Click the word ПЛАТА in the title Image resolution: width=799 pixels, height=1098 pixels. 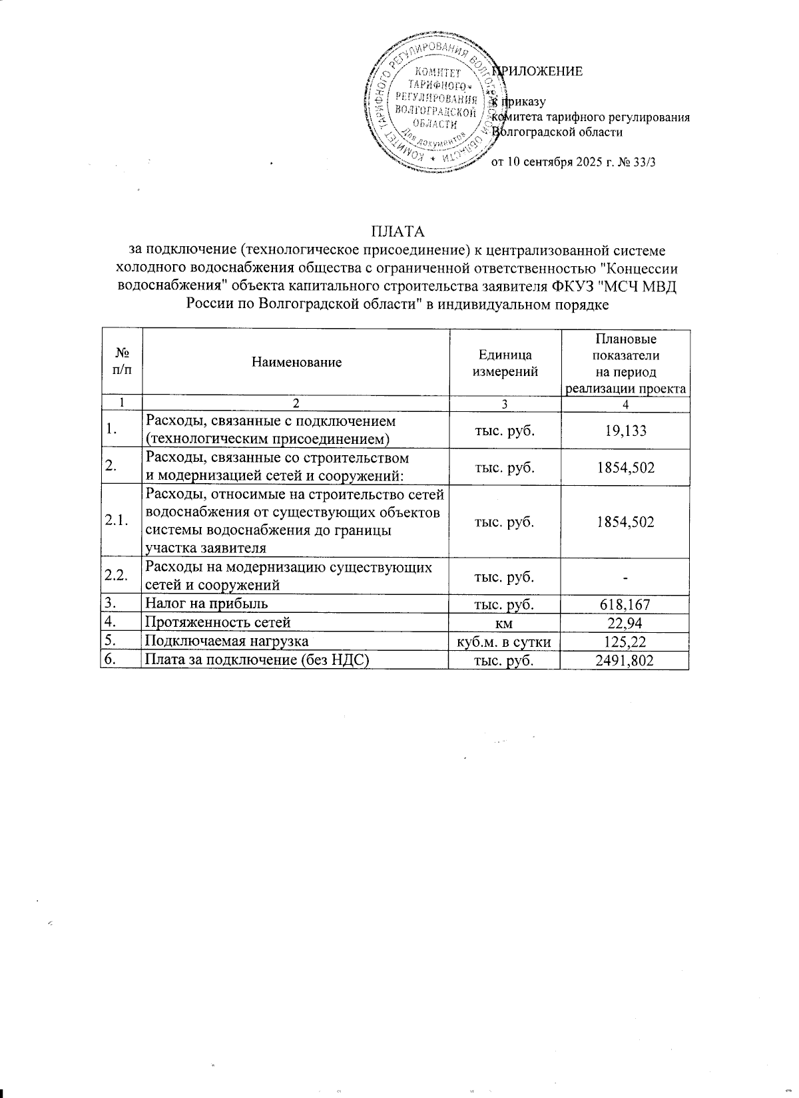click(398, 232)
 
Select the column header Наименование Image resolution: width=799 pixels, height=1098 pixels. click(296, 362)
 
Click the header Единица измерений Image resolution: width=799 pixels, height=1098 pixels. click(505, 363)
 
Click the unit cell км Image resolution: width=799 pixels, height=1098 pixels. click(504, 623)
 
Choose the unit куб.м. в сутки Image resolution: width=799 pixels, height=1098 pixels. click(504, 641)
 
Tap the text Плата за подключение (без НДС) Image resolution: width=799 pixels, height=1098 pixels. click(257, 660)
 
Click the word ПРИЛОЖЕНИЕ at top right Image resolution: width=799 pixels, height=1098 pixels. click(539, 71)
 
